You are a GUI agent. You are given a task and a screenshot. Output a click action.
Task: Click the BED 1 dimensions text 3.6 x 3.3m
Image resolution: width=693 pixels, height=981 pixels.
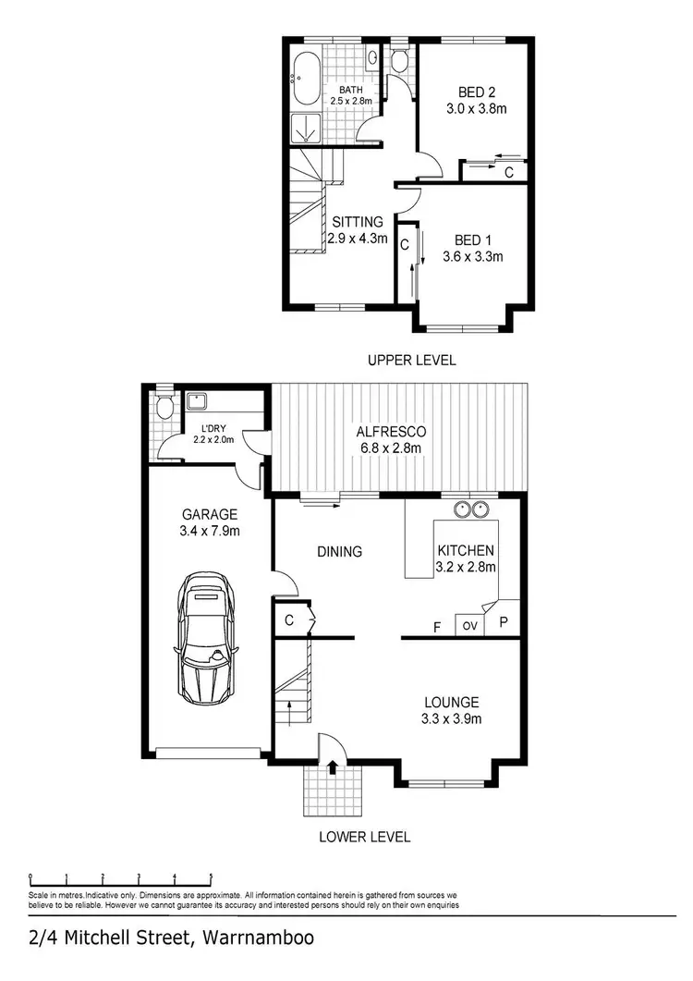point(472,257)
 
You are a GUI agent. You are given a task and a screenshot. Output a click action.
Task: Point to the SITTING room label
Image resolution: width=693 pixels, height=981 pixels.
point(357,222)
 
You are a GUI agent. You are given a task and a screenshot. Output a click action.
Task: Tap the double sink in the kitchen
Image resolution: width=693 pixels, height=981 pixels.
point(472,509)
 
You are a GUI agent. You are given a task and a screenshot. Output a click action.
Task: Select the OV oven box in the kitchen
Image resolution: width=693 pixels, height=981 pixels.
point(469,626)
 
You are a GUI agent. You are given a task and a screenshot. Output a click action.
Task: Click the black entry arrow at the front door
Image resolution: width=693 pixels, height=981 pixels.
point(332,766)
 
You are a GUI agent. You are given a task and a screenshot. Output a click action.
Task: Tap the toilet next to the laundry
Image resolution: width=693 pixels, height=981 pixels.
point(165,407)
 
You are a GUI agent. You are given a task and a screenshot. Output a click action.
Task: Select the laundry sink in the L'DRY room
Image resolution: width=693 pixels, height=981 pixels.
point(196,402)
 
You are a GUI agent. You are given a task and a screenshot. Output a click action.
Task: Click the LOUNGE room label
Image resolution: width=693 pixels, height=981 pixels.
point(452,702)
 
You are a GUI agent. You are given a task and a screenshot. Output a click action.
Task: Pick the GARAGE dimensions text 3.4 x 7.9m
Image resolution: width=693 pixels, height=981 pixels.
point(210,532)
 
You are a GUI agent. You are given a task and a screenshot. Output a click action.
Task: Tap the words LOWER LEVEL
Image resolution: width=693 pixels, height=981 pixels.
point(364,838)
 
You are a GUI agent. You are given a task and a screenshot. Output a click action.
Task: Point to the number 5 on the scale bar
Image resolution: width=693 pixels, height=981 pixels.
point(212,877)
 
